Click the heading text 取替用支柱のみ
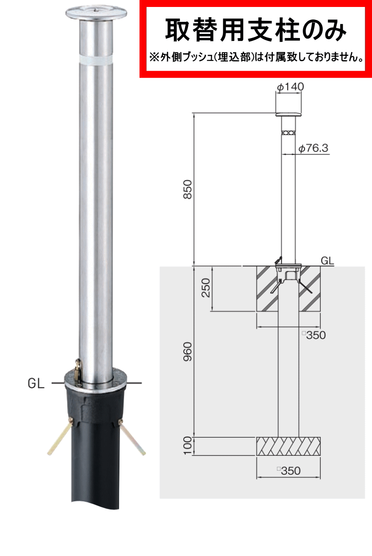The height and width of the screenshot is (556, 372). [255, 30]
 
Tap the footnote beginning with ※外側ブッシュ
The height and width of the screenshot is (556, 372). [256, 57]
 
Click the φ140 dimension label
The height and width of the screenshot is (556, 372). [290, 86]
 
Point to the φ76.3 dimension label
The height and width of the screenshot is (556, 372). [313, 148]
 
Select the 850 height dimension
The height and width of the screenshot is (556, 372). [187, 189]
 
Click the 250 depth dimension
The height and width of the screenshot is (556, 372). [206, 287]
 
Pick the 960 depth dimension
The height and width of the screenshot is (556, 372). [187, 352]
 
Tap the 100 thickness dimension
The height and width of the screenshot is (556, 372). [187, 446]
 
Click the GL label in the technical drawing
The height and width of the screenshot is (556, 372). [327, 261]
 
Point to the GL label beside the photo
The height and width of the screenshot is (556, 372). [36, 383]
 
